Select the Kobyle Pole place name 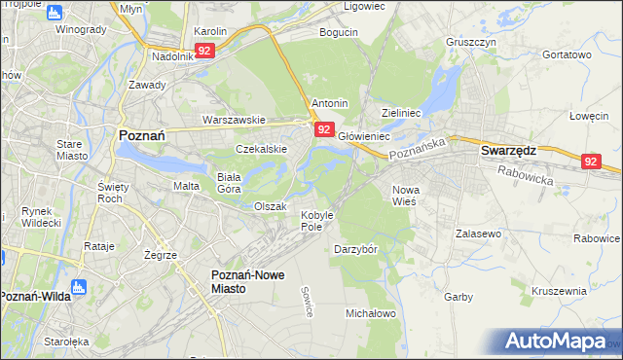coord(317,220)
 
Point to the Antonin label coord(329,102)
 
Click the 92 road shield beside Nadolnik coord(204,50)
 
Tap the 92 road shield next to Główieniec coord(325,129)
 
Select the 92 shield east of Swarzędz coord(592,162)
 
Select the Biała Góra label coord(228,183)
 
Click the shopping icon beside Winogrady coord(54,13)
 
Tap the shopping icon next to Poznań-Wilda coord(81,287)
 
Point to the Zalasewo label coord(478,234)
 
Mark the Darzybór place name coord(355,249)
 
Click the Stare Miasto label coord(71,150)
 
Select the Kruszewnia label coord(559,291)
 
